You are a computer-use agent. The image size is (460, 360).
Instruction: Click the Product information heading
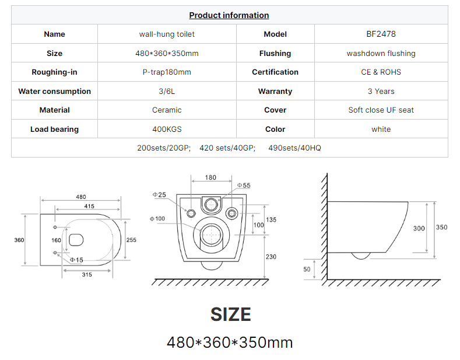click(x=229, y=15)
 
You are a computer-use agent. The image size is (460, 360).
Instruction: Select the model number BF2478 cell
click(x=381, y=34)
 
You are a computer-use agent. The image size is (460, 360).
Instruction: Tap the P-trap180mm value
click(x=167, y=72)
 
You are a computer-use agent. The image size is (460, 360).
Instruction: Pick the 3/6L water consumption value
click(x=167, y=92)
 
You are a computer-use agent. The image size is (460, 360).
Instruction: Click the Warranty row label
click(x=275, y=92)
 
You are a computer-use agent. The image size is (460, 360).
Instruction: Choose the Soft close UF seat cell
click(x=381, y=110)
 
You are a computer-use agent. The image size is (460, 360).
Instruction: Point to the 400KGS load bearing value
click(x=167, y=129)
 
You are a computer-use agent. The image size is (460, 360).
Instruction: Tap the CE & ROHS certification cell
click(x=381, y=72)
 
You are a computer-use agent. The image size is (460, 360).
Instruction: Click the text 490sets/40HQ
click(x=294, y=148)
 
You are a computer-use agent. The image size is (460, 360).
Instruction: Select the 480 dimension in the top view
click(x=81, y=197)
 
